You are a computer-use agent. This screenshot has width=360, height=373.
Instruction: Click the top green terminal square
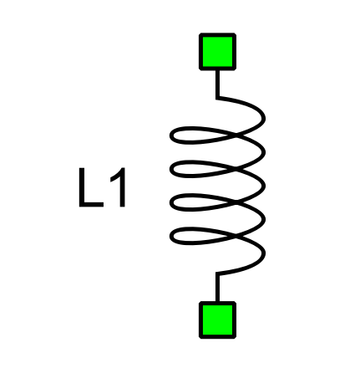click(x=217, y=52)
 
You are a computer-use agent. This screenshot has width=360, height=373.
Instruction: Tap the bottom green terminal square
click(x=217, y=320)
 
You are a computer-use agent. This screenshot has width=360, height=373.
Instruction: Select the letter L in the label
click(x=91, y=187)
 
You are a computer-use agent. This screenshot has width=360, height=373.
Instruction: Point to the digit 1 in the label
click(x=119, y=187)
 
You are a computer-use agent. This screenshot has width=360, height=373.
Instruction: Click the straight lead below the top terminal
click(x=217, y=84)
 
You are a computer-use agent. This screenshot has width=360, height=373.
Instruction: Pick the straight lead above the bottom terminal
click(x=217, y=288)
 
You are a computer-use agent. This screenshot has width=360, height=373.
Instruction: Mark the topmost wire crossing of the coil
click(x=236, y=135)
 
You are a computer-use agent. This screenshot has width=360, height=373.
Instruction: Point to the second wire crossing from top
click(x=236, y=169)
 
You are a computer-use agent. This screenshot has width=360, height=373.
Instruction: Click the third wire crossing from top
click(x=236, y=202)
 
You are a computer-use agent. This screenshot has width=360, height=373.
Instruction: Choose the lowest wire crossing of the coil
click(x=236, y=236)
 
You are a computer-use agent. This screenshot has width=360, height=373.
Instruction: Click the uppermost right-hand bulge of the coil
click(x=263, y=119)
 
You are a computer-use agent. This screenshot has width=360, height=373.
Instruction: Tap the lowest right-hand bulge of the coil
click(x=263, y=253)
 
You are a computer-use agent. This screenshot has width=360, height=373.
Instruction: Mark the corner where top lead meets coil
click(x=217, y=98)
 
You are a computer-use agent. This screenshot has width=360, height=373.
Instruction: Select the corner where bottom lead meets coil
click(x=217, y=273)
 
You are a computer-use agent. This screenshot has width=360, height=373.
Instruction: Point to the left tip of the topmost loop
click(x=171, y=135)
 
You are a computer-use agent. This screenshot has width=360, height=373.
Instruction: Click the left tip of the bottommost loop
click(x=171, y=237)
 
